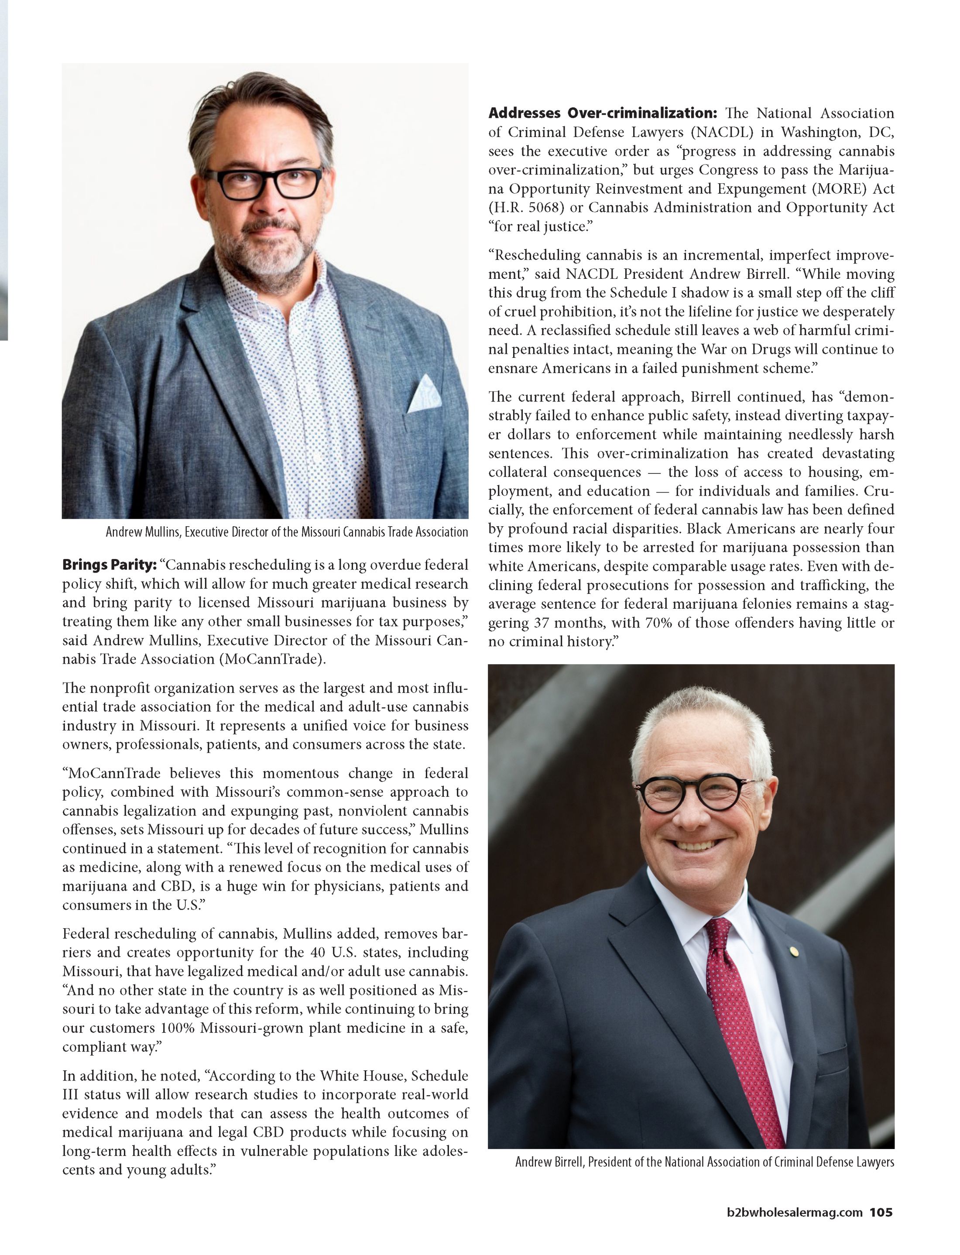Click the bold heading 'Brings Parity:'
click(109, 565)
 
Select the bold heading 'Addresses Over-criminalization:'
click(606, 113)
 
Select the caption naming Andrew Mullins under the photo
click(286, 532)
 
